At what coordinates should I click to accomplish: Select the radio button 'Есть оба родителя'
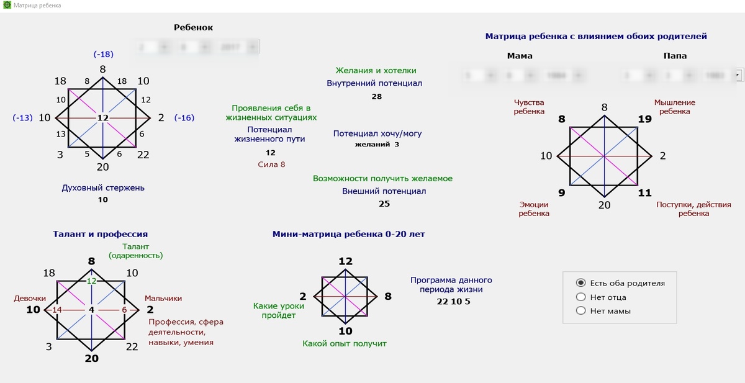pos(581,283)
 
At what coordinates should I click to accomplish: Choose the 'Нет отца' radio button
pos(581,297)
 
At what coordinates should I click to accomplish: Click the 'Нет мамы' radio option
pos(581,311)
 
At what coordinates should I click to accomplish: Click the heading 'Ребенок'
pos(193,27)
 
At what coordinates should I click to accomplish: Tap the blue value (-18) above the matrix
pos(102,54)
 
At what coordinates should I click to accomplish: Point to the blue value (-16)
pos(184,117)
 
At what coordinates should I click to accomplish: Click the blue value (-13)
pos(22,117)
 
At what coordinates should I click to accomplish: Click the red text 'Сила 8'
pos(271,164)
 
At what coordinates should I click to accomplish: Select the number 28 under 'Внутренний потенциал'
pos(376,96)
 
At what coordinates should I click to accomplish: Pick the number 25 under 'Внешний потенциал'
pos(384,204)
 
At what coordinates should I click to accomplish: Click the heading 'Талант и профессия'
pos(100,234)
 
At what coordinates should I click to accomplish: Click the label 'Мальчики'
pos(163,299)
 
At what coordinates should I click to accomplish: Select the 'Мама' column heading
pos(520,56)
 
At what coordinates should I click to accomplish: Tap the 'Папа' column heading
pos(675,56)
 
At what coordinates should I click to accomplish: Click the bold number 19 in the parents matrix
pos(644,119)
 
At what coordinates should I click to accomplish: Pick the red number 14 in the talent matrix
pos(57,310)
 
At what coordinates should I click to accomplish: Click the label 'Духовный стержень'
pos(103,187)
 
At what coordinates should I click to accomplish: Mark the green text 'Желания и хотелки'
pos(376,71)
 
